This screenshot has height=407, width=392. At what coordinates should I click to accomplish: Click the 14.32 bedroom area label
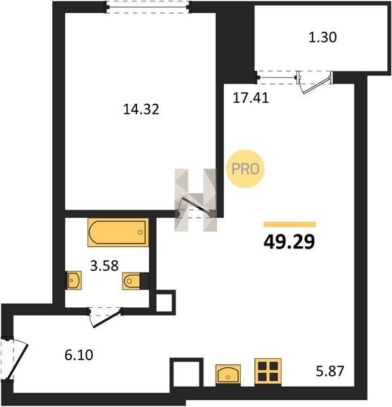[x=141, y=109]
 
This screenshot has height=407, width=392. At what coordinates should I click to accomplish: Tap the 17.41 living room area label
[x=251, y=98]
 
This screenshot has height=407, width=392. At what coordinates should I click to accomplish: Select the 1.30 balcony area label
[x=322, y=37]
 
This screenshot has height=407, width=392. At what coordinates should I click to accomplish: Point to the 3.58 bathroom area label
[x=104, y=266]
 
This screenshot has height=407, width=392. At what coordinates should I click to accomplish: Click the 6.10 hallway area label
[x=79, y=355]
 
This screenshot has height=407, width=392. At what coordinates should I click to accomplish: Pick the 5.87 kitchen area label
[x=330, y=371]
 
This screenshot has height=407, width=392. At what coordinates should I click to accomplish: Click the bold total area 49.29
[x=290, y=241]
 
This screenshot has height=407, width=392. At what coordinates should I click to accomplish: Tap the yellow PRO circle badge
[x=245, y=169]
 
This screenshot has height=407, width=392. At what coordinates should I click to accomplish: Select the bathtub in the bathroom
[x=118, y=232]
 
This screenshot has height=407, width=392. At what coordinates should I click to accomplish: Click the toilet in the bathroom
[x=132, y=281]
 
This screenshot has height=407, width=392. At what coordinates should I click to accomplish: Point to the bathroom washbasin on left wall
[x=74, y=280]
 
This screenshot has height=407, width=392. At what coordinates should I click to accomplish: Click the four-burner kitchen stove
[x=268, y=372]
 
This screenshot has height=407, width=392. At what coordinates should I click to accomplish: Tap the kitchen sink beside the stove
[x=228, y=374]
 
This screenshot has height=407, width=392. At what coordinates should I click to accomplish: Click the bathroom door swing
[x=105, y=317]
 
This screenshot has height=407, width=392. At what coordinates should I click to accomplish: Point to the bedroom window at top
[x=148, y=7]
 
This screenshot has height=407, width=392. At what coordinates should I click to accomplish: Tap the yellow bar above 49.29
[x=290, y=225]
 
